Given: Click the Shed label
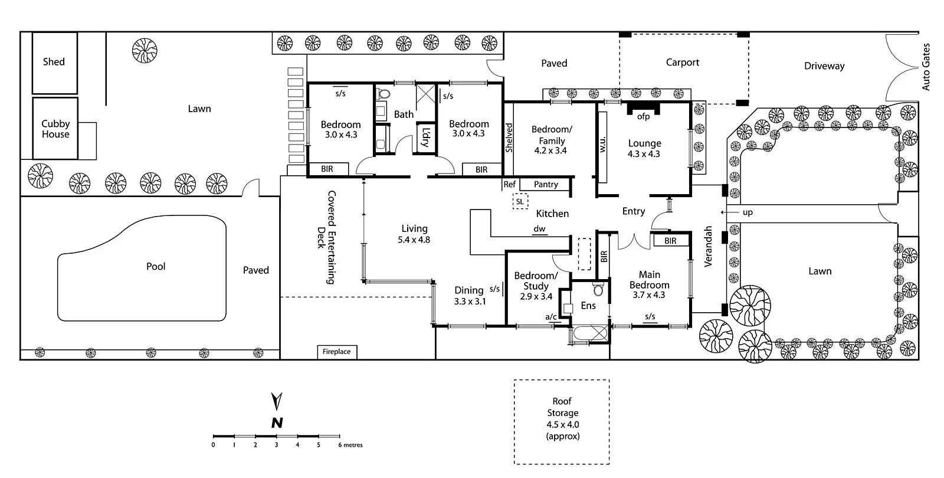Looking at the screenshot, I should click(54, 61).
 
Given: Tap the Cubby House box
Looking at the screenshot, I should click(55, 129).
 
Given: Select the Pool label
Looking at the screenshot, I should click(156, 266).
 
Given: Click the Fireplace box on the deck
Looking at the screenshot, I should click(336, 352).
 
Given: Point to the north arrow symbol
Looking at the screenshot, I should click(276, 402).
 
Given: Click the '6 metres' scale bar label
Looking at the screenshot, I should click(350, 445).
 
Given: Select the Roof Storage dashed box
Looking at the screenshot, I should click(562, 421).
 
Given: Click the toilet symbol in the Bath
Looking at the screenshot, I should click(384, 94).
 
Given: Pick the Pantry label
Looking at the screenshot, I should click(546, 184).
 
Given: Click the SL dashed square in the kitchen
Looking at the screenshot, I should click(520, 201).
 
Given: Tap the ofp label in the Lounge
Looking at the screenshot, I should click(643, 116).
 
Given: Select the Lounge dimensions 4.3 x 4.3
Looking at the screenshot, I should click(644, 154).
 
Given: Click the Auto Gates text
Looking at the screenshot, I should click(926, 67).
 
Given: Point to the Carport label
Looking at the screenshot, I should click(682, 62).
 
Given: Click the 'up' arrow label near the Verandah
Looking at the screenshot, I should click(747, 212).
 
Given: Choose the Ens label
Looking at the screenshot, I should click(588, 305).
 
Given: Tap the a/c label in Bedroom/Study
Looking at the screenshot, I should click(550, 317).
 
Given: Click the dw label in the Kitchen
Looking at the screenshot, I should click(539, 229).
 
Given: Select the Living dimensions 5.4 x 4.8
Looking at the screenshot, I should click(414, 240).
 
